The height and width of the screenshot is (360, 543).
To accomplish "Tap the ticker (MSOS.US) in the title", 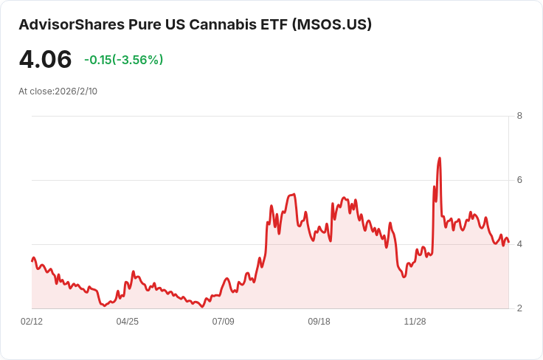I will click(332, 24).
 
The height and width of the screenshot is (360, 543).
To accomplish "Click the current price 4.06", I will click(45, 60).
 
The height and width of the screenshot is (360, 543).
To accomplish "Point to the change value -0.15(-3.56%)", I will click(123, 60).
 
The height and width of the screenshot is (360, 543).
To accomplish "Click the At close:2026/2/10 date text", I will click(58, 91).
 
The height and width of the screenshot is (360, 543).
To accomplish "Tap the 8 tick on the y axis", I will click(519, 116).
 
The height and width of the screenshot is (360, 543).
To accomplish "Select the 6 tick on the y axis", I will click(519, 180).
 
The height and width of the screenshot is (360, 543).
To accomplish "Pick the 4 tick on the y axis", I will click(519, 244).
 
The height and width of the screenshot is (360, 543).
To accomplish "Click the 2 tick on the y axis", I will click(519, 308).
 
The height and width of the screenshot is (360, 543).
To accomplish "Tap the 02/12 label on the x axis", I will click(32, 322).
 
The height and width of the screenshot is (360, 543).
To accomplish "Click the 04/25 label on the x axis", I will click(128, 322).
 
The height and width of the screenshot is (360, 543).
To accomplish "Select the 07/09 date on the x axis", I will click(224, 322).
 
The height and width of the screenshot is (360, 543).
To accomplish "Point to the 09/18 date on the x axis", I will click(319, 322).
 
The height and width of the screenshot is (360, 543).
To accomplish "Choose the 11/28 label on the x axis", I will click(415, 322).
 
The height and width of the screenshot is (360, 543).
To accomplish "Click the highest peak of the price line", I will click(440, 158).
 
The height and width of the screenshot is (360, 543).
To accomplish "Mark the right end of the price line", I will click(508, 242).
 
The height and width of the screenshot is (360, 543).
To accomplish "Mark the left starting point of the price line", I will click(32, 260).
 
